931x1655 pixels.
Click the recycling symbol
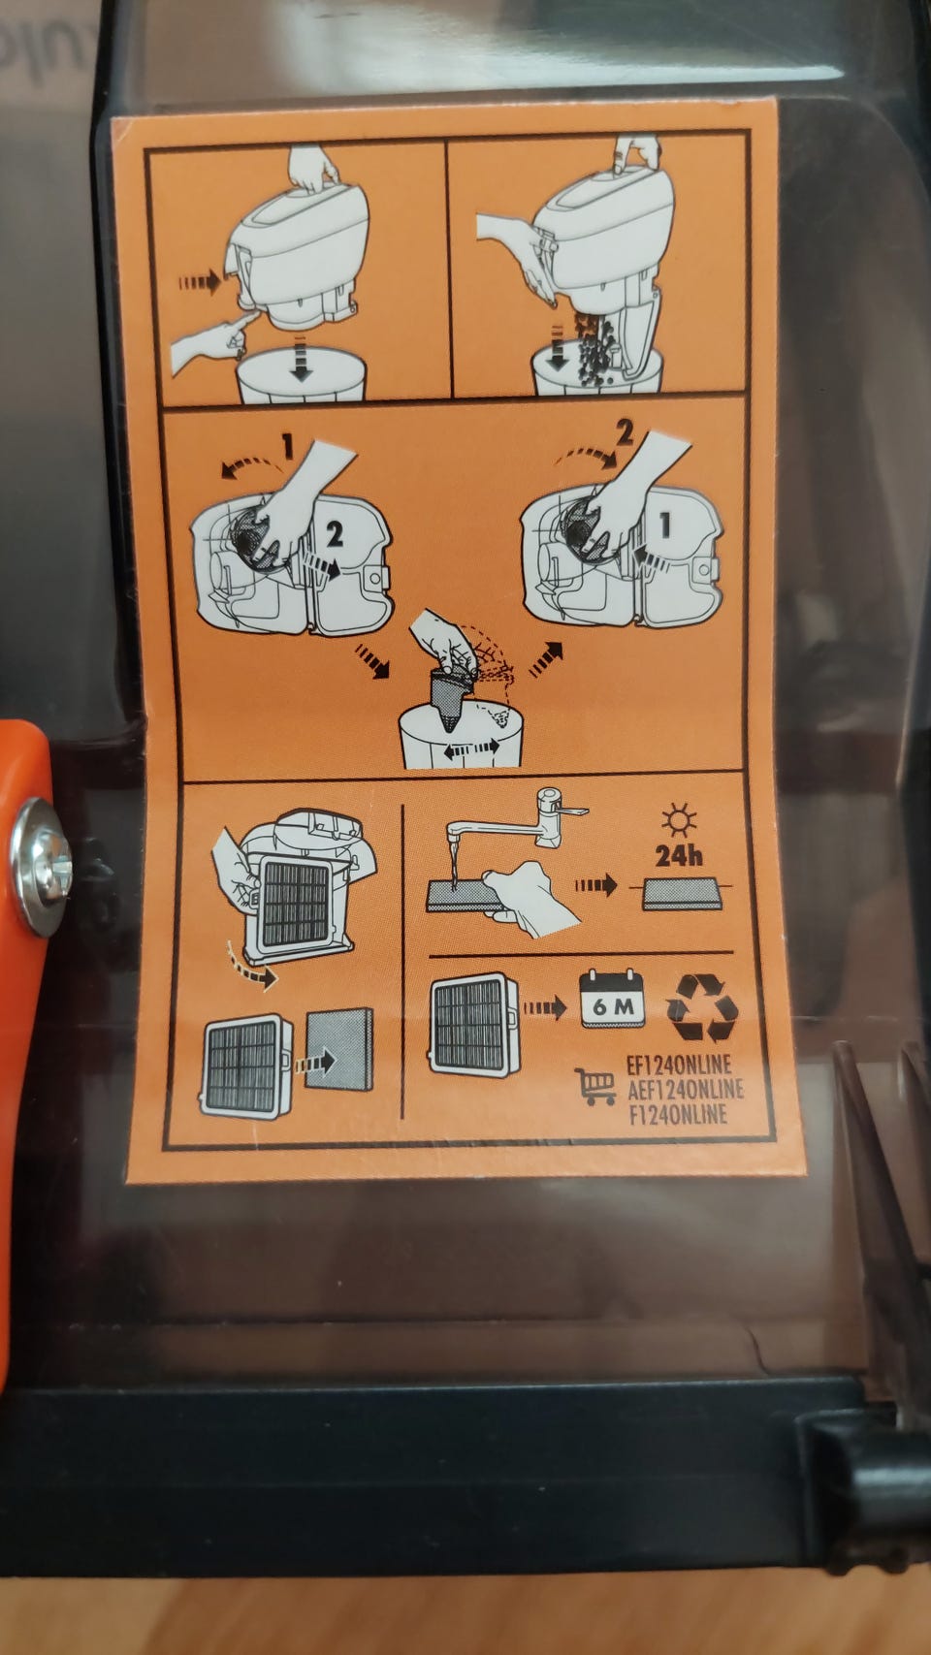[701, 1007]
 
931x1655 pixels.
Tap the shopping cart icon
[595, 1086]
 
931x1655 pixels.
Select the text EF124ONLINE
[678, 1066]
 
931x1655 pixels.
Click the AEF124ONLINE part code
[685, 1090]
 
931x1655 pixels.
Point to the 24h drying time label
[678, 855]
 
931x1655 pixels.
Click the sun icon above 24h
[678, 820]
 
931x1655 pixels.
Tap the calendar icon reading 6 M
[612, 999]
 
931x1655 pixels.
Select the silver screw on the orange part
[42, 866]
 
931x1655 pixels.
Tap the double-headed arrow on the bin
[470, 749]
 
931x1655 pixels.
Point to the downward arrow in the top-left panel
[300, 358]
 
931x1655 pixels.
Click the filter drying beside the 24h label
[681, 893]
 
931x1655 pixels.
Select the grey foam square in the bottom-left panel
[339, 1048]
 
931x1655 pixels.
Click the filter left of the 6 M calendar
[474, 1024]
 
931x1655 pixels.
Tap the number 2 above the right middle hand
[625, 433]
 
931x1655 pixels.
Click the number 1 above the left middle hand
[287, 447]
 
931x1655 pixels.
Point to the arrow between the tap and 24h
[595, 883]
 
